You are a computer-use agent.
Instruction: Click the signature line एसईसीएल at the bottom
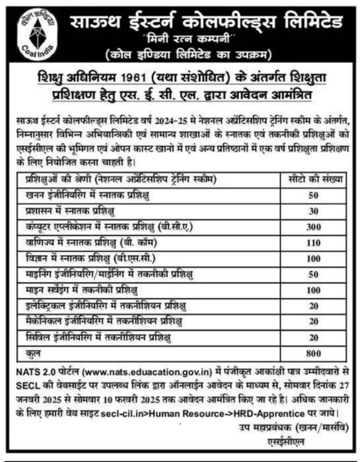pyautogui.click(x=327, y=441)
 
